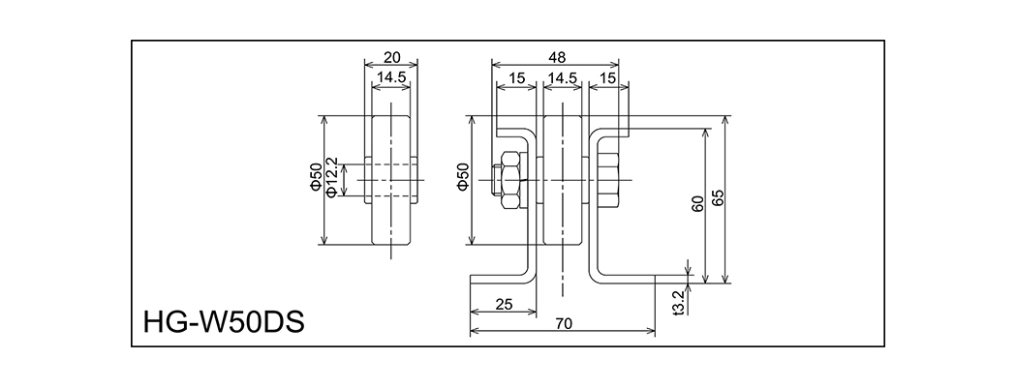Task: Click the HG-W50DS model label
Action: click(x=223, y=319)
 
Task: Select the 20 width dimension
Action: click(x=390, y=56)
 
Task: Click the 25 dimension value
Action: click(x=503, y=304)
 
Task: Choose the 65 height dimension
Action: click(x=718, y=198)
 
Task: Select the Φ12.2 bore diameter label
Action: click(x=332, y=178)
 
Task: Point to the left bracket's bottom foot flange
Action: click(x=501, y=280)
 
